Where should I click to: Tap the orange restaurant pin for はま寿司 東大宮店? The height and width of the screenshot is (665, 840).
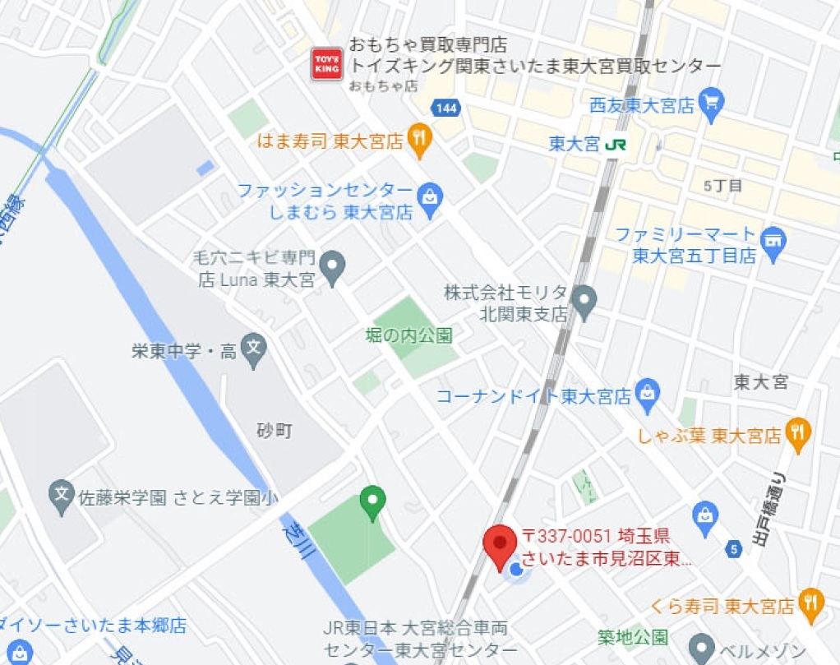pos(420,140)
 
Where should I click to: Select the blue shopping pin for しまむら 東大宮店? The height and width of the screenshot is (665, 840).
pos(430,198)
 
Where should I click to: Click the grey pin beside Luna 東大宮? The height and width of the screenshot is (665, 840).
pos(332,266)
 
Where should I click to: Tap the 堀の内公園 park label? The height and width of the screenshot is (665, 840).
pos(408,335)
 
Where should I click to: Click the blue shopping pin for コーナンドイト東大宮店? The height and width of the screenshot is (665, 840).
pos(648,394)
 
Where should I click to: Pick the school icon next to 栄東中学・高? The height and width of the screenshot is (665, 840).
pos(255,351)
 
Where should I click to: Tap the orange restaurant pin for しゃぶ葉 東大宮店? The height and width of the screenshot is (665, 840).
pos(797,433)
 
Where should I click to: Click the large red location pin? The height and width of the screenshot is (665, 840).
pos(499,547)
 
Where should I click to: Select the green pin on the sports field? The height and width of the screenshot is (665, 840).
pos(373,501)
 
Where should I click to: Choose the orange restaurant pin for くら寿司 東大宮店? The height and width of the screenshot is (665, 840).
pos(812,604)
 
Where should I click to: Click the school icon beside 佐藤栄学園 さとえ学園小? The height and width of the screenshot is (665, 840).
pos(62,496)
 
